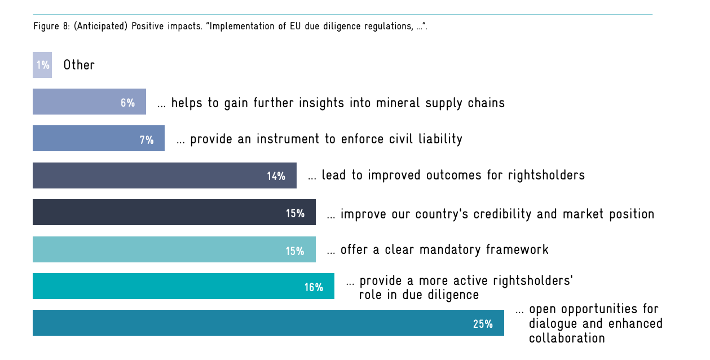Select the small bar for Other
[42, 65]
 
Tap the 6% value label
[127, 103]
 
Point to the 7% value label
[147, 139]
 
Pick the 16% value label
[314, 287]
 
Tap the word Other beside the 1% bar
[79, 65]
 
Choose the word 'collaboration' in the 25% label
[567, 338]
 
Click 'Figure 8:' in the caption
[52, 27]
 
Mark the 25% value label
[483, 324]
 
